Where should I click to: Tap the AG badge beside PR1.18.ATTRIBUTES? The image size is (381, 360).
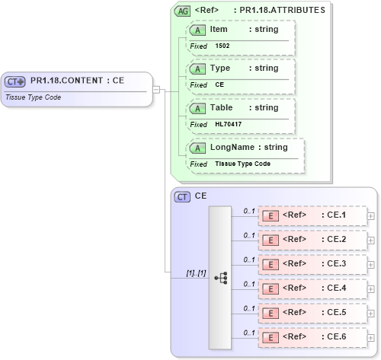[x=183, y=11]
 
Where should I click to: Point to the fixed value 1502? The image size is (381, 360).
[x=223, y=46]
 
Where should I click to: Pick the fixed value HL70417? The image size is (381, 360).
[x=229, y=124]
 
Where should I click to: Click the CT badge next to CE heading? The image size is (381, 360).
[x=183, y=196]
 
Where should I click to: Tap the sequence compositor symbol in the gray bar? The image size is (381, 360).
[x=221, y=278]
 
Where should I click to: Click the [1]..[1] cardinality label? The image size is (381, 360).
[x=196, y=272]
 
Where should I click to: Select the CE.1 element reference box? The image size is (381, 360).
[x=312, y=215]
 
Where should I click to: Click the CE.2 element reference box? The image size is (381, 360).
[x=312, y=240]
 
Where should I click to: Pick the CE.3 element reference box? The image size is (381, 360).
[x=312, y=264]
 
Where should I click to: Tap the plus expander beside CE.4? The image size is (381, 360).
[x=371, y=288]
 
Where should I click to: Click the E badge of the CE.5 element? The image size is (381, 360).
[x=270, y=313]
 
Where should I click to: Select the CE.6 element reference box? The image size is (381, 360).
[x=312, y=337]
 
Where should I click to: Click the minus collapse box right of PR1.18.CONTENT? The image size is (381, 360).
[x=156, y=89]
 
